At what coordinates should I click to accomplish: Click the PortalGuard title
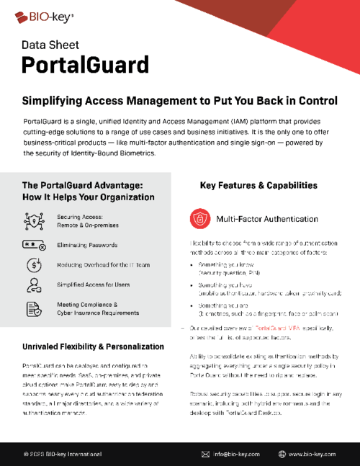pyautogui.click(x=86, y=64)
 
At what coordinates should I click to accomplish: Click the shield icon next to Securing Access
pyautogui.click(x=33, y=220)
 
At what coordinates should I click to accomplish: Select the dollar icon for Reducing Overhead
pyautogui.click(x=33, y=264)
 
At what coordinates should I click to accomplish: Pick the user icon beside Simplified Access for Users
pyautogui.click(x=33, y=284)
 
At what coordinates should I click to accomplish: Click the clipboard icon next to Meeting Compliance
pyautogui.click(x=33, y=308)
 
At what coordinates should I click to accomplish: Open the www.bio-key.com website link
pyautogui.click(x=312, y=454)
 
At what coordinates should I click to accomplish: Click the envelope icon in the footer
pyautogui.click(x=206, y=454)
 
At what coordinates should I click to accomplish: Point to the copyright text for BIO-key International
pyautogui.click(x=63, y=454)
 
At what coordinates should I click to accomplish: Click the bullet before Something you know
pyautogui.click(x=194, y=266)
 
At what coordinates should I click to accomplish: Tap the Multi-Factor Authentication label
pyautogui.click(x=264, y=218)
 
